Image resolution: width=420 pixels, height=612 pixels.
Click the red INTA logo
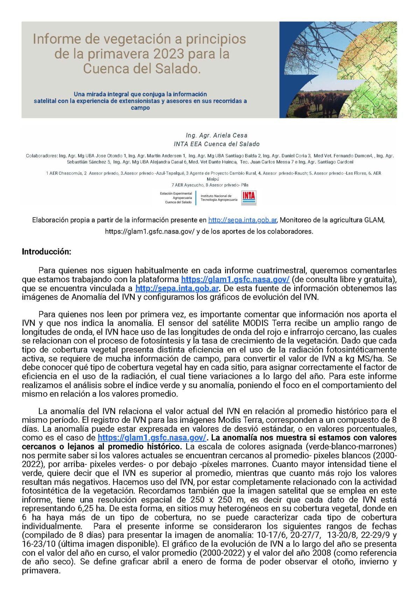[x=249, y=198]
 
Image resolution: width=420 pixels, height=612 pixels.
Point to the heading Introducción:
[x=47, y=252]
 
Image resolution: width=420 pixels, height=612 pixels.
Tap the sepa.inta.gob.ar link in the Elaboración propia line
[x=242, y=220]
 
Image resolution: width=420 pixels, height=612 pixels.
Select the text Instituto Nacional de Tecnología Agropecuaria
[x=218, y=198]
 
